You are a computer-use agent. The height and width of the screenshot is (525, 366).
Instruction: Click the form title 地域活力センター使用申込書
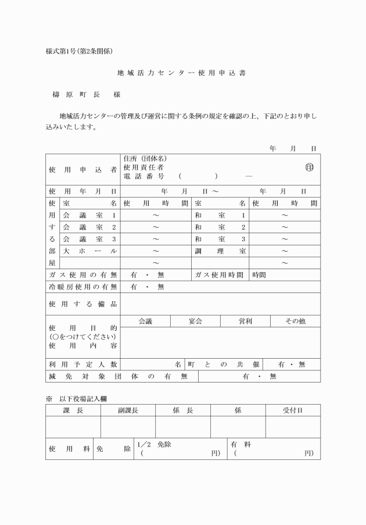[182, 74]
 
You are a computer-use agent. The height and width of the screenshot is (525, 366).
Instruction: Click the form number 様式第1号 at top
[79, 51]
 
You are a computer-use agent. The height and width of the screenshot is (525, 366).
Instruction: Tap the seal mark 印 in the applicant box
[309, 167]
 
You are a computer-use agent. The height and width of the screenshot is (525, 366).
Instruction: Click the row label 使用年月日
[82, 191]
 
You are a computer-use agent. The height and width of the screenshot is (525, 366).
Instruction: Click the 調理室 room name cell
[220, 251]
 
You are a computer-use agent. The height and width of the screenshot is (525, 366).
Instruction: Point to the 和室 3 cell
[220, 239]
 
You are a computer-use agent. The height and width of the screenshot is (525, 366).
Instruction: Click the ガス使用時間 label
[220, 274]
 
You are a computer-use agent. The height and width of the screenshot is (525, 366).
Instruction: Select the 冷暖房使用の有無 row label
[82, 287]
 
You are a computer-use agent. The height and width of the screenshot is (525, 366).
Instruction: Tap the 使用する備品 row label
[82, 304]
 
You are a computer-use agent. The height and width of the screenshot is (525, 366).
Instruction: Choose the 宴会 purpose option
[195, 321]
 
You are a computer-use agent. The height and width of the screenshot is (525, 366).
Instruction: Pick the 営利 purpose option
[245, 321]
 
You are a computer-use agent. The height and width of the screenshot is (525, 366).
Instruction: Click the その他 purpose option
[295, 321]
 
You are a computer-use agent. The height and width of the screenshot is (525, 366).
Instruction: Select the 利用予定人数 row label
[82, 364]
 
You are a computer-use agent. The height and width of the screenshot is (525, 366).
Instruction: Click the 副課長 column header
[128, 410]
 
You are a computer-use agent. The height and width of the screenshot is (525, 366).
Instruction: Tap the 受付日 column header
[293, 410]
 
